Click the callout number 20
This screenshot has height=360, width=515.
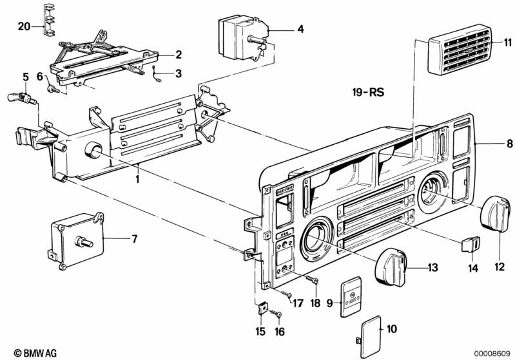pyautogui.click(x=24, y=26)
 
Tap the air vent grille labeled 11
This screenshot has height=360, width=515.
pyautogui.click(x=460, y=50)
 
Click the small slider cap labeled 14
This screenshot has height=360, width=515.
pyautogui.click(x=471, y=244)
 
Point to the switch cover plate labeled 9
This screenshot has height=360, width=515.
pyautogui.click(x=351, y=297)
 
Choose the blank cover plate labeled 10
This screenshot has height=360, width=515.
pyautogui.click(x=371, y=337)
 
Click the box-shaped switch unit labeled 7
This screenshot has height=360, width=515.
pyautogui.click(x=76, y=239)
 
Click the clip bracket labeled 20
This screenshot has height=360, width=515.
pyautogui.click(x=49, y=19)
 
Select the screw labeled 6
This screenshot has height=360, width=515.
pyautogui.click(x=53, y=89)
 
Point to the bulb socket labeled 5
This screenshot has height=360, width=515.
pyautogui.click(x=22, y=97)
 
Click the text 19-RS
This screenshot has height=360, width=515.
pyautogui.click(x=368, y=92)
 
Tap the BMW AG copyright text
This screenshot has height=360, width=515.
pyautogui.click(x=35, y=353)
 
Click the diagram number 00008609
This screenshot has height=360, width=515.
pyautogui.click(x=492, y=354)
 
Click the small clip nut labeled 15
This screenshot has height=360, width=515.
pyautogui.click(x=262, y=308)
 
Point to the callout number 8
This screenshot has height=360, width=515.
pyautogui.click(x=509, y=144)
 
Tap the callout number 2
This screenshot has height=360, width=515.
pyautogui.click(x=179, y=55)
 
